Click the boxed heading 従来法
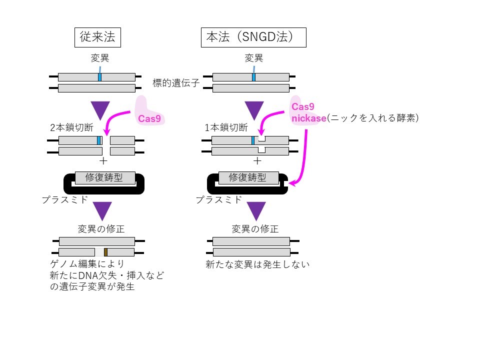tap(98, 37)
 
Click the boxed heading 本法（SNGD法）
tap(253, 37)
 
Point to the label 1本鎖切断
tap(226, 127)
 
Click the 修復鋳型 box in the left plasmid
tap(104, 177)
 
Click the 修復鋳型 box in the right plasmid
tap(247, 177)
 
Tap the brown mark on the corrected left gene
tap(106, 252)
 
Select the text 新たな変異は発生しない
tap(257, 264)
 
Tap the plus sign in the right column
tap(257, 161)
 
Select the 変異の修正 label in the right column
tap(255, 229)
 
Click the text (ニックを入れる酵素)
tap(372, 118)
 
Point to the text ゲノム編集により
tap(86, 264)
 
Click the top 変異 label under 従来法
tap(100, 58)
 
